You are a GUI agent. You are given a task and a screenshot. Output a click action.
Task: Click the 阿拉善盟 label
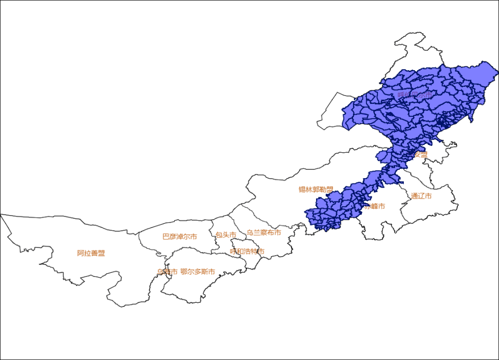coord(91,254)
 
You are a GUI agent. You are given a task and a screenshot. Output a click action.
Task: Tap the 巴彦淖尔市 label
coord(179,236)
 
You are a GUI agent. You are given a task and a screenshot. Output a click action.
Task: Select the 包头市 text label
coord(226,235)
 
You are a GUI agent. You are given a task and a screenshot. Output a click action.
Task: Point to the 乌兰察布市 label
coord(264,233)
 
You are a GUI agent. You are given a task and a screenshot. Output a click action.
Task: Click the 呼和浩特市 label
coord(247,251)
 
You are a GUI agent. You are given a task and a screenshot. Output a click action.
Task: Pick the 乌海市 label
coord(167,272)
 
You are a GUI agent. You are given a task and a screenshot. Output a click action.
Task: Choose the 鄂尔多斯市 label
coord(198,272)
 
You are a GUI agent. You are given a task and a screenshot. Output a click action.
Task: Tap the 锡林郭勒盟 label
coord(316,190)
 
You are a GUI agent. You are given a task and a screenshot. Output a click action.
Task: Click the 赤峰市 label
coord(374,206)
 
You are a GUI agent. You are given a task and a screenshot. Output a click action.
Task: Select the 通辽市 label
coord(421,196)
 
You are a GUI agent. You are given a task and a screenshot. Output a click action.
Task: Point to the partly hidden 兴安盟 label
coord(420,154)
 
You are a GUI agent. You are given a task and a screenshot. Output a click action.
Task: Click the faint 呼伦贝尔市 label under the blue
coord(415,95)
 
